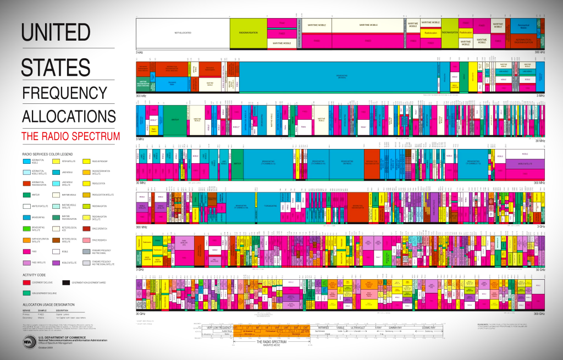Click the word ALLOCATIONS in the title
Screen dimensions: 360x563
(x=69, y=116)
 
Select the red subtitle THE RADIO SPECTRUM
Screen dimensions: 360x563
(x=70, y=136)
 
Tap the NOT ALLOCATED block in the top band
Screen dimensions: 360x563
(x=183, y=33)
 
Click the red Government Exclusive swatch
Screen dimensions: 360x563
(x=27, y=282)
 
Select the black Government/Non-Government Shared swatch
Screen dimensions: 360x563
(x=66, y=282)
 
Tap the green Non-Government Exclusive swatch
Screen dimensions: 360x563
(x=27, y=293)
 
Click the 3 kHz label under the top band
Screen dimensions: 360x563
(x=140, y=52)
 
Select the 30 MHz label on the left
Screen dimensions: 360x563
(x=141, y=182)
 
